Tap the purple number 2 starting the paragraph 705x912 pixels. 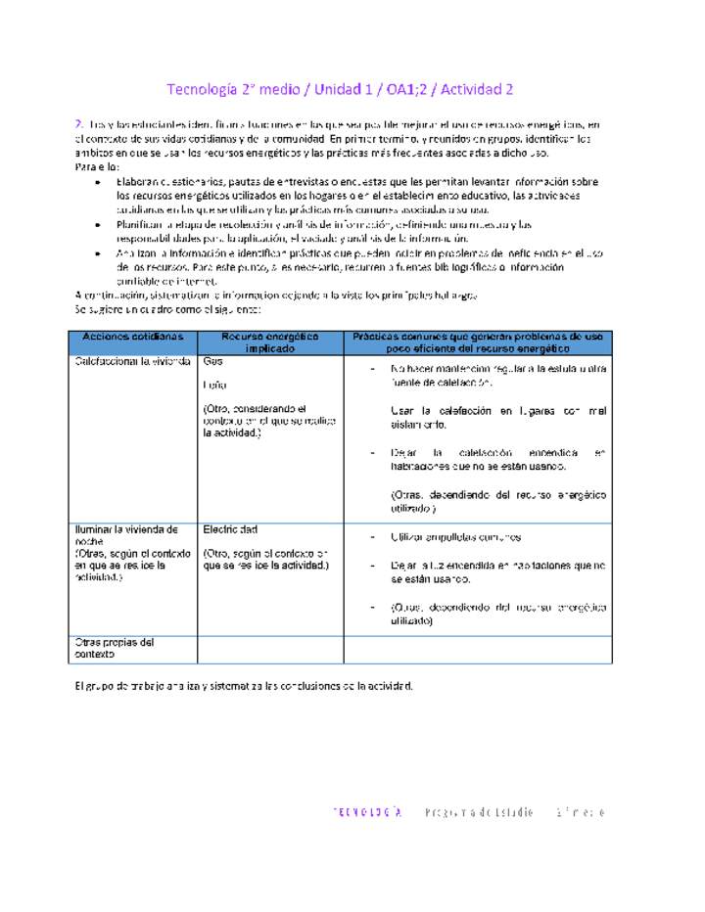pyautogui.click(x=78, y=124)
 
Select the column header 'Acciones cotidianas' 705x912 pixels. pyautogui.click(x=132, y=336)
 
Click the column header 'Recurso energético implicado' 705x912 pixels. pyautogui.click(x=269, y=342)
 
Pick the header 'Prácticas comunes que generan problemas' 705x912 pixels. pyautogui.click(x=478, y=342)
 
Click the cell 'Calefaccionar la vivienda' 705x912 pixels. pyautogui.click(x=132, y=361)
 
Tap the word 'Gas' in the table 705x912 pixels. pyautogui.click(x=212, y=361)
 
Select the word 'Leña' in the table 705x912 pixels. pyautogui.click(x=214, y=386)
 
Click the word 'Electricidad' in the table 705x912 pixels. pyautogui.click(x=230, y=529)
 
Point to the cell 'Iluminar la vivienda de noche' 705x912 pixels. pyautogui.click(x=126, y=535)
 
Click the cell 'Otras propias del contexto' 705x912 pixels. pyautogui.click(x=115, y=648)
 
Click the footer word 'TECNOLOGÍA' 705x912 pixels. pyautogui.click(x=368, y=812)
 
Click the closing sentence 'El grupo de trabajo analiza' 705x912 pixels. pyautogui.click(x=245, y=685)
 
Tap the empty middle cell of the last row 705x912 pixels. pyautogui.click(x=269, y=649)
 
